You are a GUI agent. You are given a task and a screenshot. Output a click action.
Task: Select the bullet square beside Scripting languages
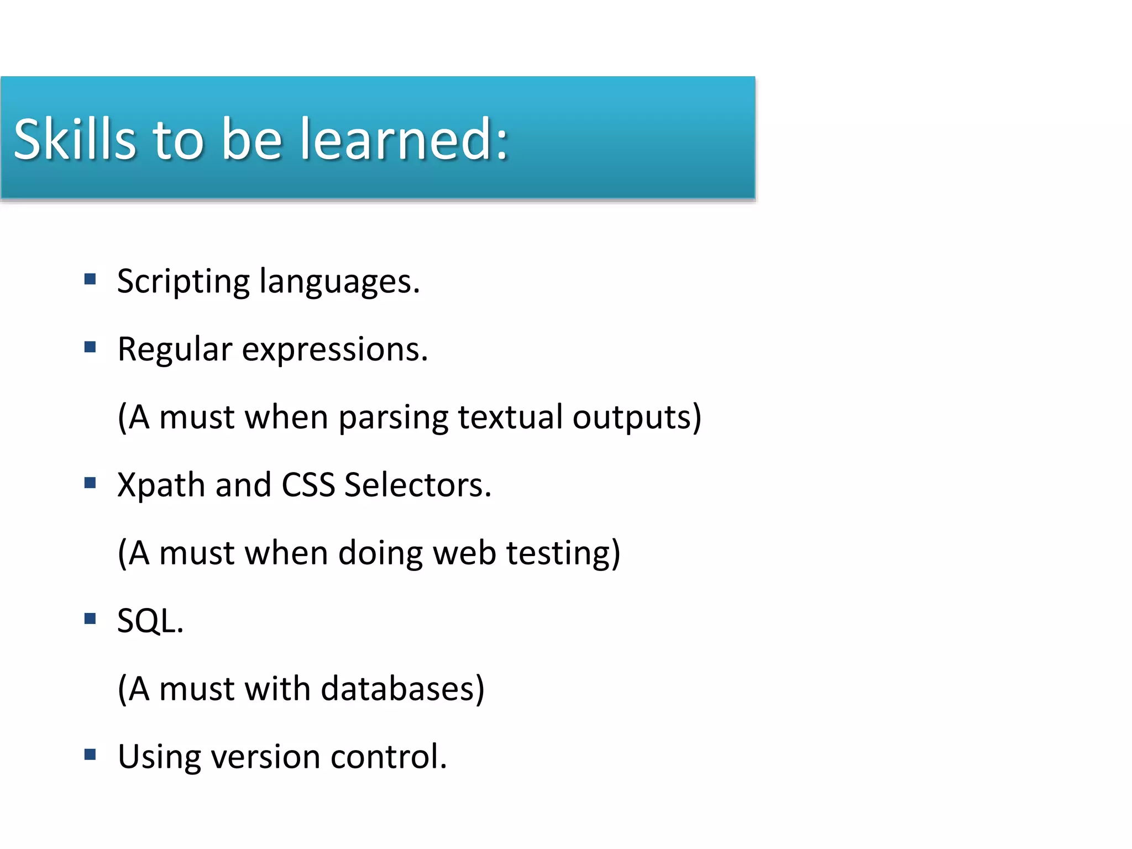tap(90, 279)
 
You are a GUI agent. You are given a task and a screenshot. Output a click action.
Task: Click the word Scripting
tap(183, 282)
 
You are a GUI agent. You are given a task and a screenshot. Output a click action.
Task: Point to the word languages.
tap(339, 282)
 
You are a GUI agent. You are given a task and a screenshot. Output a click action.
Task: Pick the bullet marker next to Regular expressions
tap(90, 347)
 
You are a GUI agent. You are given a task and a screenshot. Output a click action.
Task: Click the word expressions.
tap(334, 350)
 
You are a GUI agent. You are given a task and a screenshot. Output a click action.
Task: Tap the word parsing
tap(393, 418)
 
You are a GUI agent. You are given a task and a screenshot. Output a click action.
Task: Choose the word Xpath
tap(161, 486)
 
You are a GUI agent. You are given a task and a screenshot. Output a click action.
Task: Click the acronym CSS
tap(308, 485)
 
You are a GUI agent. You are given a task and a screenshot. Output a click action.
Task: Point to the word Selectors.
tap(417, 485)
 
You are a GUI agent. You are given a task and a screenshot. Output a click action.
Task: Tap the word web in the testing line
tap(464, 553)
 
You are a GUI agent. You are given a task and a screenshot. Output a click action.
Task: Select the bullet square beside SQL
tap(90, 618)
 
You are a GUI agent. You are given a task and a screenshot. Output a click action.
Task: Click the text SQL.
tap(150, 621)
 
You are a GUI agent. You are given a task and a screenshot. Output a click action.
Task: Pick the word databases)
tap(402, 689)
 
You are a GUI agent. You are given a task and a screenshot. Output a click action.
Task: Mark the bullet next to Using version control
tap(90, 754)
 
